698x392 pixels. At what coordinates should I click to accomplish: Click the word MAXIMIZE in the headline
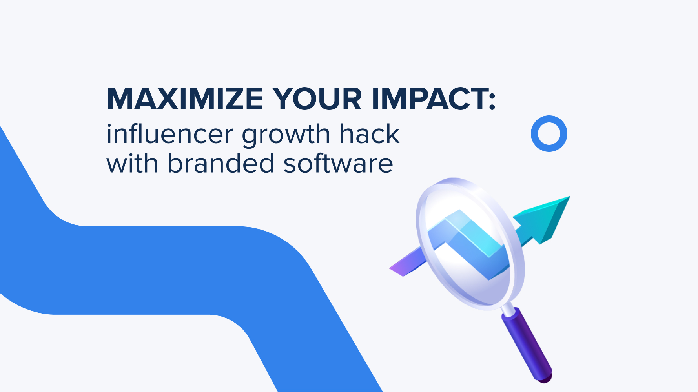pyautogui.click(x=185, y=99)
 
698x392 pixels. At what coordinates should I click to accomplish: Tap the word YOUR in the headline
pyautogui.click(x=317, y=99)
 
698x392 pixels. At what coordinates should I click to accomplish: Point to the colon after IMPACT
pyautogui.click(x=492, y=99)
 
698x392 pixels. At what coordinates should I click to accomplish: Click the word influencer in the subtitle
pyautogui.click(x=170, y=134)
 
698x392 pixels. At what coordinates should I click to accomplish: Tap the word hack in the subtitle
pyautogui.click(x=369, y=134)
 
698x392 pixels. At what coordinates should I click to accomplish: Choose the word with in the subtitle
pyautogui.click(x=132, y=163)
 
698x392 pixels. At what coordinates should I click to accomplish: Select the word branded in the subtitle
pyautogui.click(x=221, y=163)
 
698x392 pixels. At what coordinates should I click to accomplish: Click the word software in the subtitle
pyautogui.click(x=338, y=163)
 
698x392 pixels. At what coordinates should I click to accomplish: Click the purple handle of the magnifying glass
pyautogui.click(x=526, y=341)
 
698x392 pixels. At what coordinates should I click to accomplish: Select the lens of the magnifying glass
pyautogui.click(x=469, y=243)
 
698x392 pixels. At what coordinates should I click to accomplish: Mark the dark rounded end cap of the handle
pyautogui.click(x=545, y=377)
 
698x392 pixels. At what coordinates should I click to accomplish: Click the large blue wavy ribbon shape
pyautogui.click(x=157, y=267)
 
